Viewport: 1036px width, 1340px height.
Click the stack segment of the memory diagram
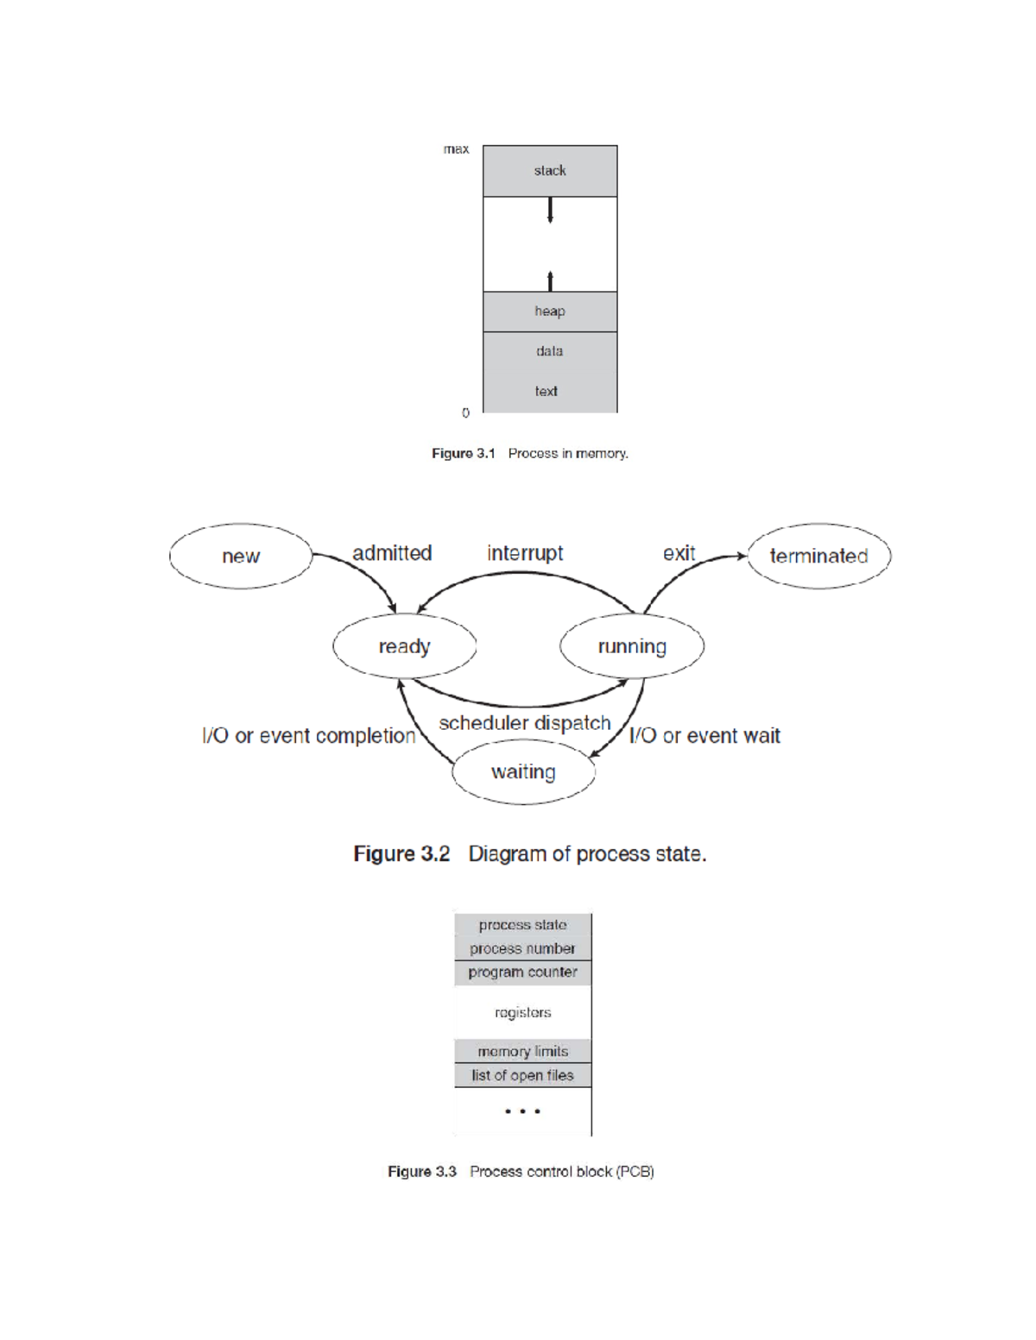(550, 171)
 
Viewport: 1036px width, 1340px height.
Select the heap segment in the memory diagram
(550, 311)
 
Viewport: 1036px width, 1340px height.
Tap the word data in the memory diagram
(549, 351)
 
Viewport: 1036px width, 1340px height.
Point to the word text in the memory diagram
(546, 391)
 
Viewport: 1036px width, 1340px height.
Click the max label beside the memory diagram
(456, 149)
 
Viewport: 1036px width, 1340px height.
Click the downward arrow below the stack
(550, 211)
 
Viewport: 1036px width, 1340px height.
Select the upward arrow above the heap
(550, 280)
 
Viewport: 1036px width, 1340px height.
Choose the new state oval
(241, 557)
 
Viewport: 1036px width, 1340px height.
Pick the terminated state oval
(818, 557)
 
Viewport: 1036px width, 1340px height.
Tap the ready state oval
(404, 646)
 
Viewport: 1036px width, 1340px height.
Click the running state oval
(632, 646)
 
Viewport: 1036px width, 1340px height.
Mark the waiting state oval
(523, 772)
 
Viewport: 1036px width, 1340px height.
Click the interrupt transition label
(525, 553)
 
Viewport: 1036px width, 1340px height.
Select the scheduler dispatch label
(525, 723)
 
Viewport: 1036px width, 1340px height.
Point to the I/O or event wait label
(704, 736)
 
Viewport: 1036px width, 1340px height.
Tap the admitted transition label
(392, 553)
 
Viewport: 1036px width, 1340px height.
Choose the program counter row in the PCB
(522, 972)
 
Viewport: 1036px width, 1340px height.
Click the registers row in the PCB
(522, 1012)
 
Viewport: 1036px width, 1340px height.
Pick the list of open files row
(522, 1075)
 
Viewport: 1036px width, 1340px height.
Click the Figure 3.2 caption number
(401, 854)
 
